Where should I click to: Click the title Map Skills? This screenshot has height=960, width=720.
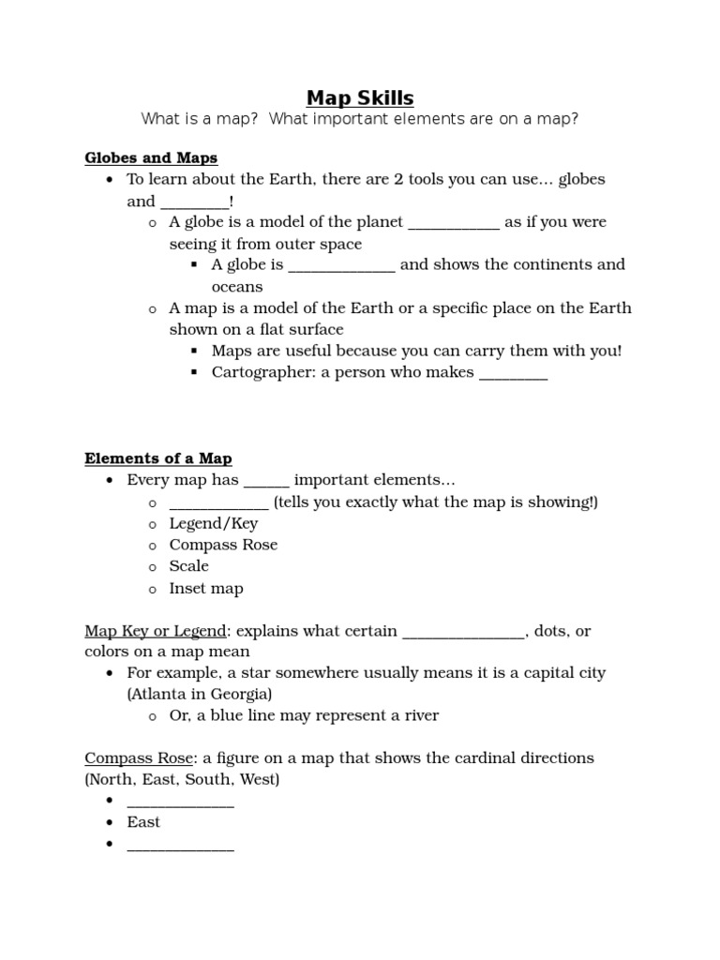[x=360, y=97]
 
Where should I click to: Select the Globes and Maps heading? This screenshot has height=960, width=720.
[x=151, y=157]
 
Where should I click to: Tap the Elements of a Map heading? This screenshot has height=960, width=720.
[x=158, y=458]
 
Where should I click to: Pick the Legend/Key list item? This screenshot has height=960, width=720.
[x=213, y=523]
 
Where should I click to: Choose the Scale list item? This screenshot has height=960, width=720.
[x=188, y=566]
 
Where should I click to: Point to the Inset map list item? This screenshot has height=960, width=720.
[x=205, y=589]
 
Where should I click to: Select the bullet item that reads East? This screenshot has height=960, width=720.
[x=143, y=822]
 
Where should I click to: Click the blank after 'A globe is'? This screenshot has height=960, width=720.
[x=342, y=266]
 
